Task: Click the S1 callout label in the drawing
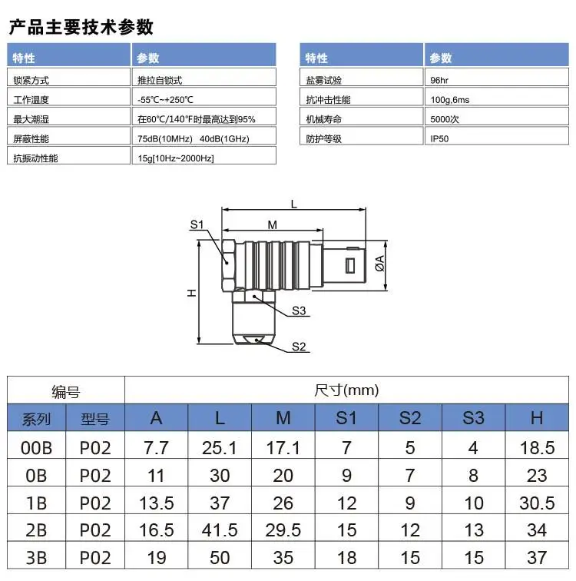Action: [197, 224]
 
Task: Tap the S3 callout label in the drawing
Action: [299, 310]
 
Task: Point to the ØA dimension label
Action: [380, 264]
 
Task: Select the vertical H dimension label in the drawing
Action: [191, 293]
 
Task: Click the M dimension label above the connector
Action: [273, 225]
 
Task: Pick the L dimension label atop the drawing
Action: [294, 204]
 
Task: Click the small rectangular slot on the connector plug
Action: [349, 265]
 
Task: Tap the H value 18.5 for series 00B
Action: [537, 447]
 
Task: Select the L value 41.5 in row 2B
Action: [220, 530]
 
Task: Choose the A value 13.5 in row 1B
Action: [156, 503]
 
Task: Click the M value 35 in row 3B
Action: [283, 557]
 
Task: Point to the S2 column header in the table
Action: [410, 418]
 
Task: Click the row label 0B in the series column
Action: [36, 476]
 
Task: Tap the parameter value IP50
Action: [439, 138]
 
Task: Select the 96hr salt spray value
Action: [439, 80]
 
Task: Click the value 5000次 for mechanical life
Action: [445, 119]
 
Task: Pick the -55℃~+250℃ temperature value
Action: [165, 100]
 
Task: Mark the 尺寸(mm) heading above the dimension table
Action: [346, 390]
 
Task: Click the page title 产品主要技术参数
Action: [81, 27]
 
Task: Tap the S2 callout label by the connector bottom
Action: [299, 347]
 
